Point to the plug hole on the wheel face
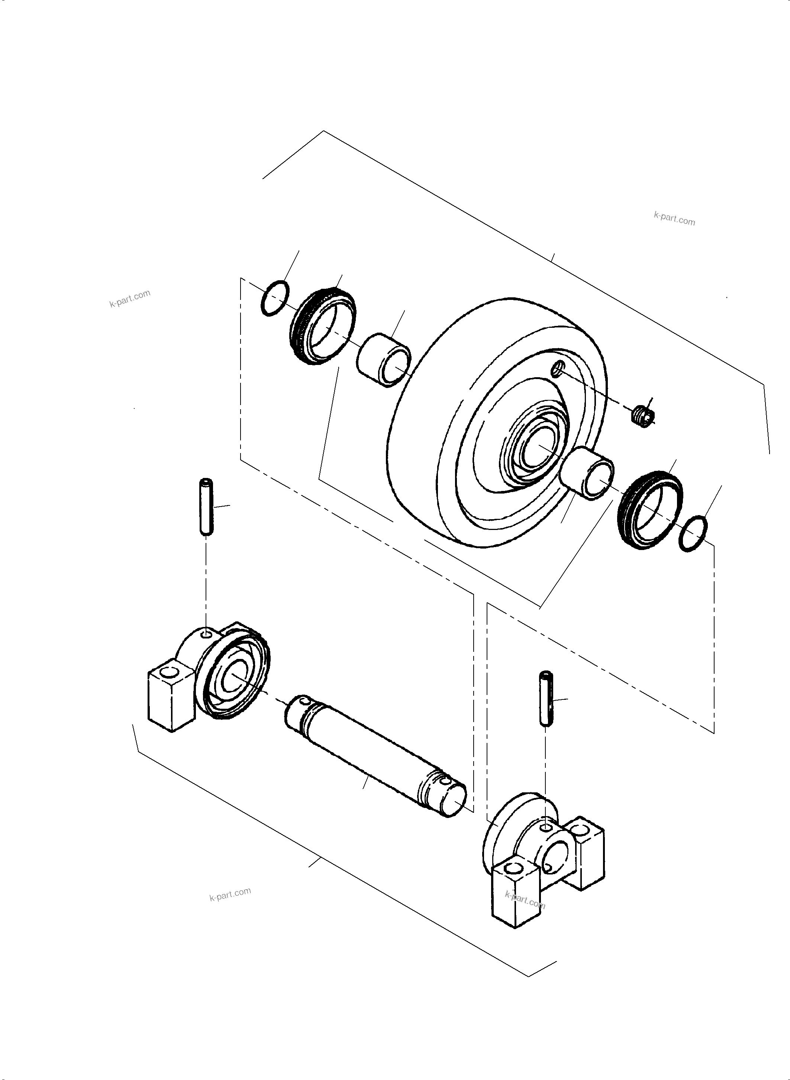(558, 368)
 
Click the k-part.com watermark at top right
(674, 219)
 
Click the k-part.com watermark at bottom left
(230, 894)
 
